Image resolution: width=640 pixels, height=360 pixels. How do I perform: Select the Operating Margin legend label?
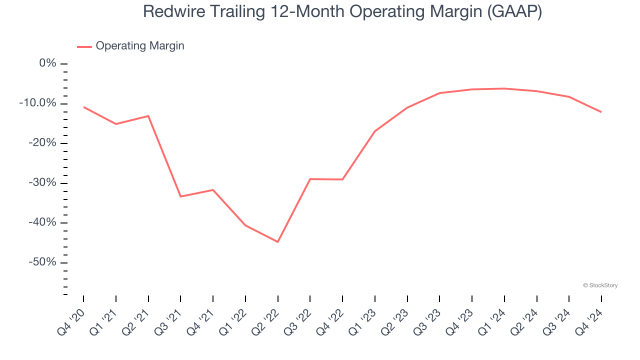point(140,46)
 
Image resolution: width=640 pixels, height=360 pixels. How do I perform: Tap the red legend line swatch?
point(84,46)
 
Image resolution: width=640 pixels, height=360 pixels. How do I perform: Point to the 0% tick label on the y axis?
point(48,63)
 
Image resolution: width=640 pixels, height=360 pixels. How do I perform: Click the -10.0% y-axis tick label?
point(37,103)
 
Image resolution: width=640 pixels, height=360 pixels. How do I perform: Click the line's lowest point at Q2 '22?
point(277,242)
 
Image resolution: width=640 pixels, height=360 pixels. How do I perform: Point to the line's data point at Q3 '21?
point(180,196)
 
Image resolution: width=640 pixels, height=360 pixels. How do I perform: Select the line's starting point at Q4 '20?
point(83,107)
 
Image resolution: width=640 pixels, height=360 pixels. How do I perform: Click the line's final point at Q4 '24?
point(601,112)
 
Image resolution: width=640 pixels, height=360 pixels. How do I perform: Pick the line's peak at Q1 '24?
point(504,88)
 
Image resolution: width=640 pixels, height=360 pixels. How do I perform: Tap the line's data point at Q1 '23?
point(374,131)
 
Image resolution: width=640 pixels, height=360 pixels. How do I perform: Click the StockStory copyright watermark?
point(600,285)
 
